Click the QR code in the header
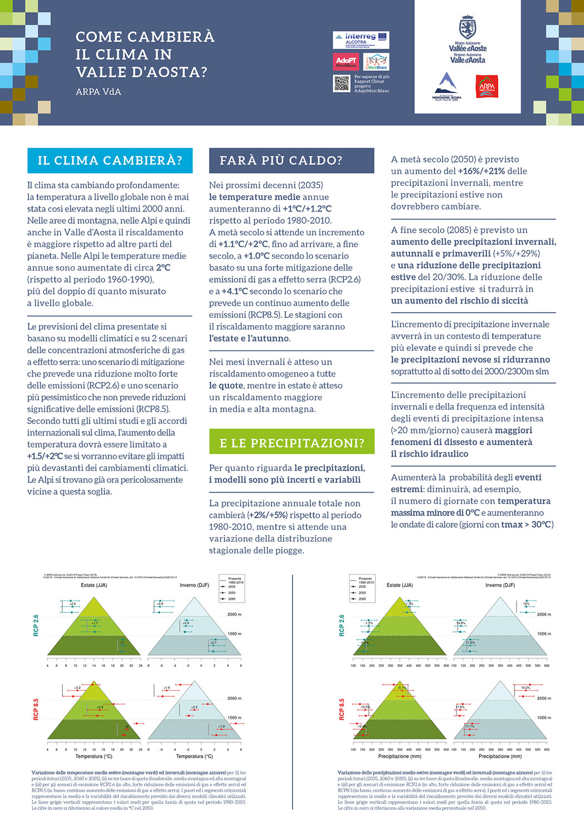pyautogui.click(x=341, y=83)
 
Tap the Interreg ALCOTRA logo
pyautogui.click(x=361, y=40)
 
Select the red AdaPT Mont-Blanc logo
pyautogui.click(x=346, y=62)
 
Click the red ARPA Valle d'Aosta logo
pyautogui.click(x=487, y=87)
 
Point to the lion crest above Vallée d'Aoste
pyautogui.click(x=467, y=27)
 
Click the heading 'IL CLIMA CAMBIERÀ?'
pyautogui.click(x=110, y=161)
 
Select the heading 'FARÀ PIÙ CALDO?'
pyautogui.click(x=281, y=161)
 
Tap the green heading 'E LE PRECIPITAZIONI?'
pyautogui.click(x=291, y=443)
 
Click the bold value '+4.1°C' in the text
pyautogui.click(x=235, y=291)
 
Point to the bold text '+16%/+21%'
pyautogui.click(x=481, y=171)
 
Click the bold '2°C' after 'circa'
pyautogui.click(x=163, y=268)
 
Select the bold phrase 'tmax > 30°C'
pyautogui.click(x=526, y=524)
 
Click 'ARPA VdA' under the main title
pyautogui.click(x=98, y=92)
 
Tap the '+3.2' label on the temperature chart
pyautogui.click(x=77, y=688)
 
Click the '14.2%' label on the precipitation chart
pyautogui.click(x=526, y=688)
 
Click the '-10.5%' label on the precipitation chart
pyautogui.click(x=365, y=707)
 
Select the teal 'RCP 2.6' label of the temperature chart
pyautogui.click(x=36, y=626)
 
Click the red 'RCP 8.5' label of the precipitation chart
pyautogui.click(x=342, y=709)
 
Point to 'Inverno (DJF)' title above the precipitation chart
pyautogui.click(x=500, y=585)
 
